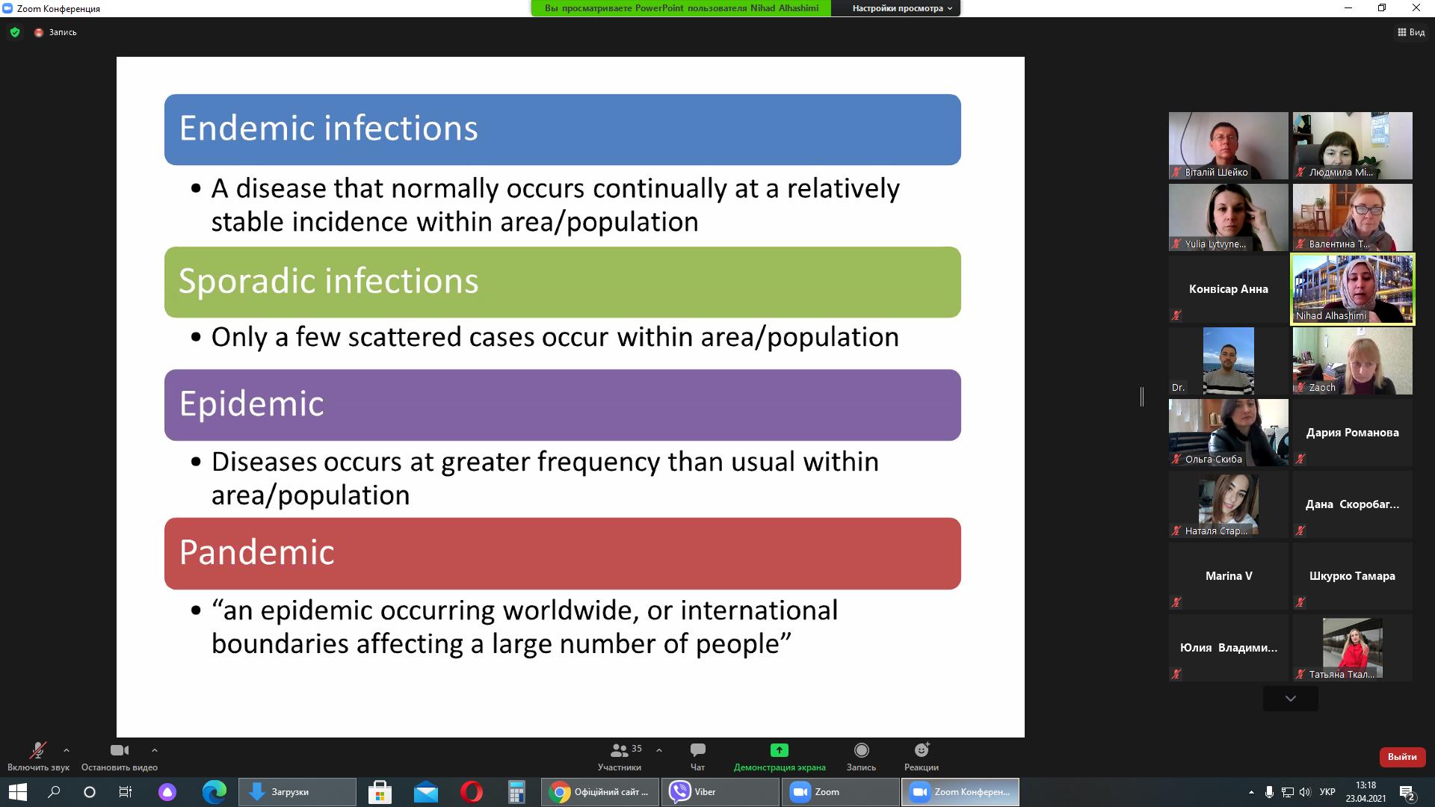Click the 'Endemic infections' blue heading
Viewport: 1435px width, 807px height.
tap(562, 129)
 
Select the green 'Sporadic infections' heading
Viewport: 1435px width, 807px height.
tap(562, 282)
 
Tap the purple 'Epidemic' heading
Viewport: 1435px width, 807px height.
tap(562, 404)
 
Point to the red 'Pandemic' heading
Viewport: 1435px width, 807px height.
tap(562, 553)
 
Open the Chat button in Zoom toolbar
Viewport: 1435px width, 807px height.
tap(697, 756)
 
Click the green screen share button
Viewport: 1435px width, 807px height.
tap(780, 756)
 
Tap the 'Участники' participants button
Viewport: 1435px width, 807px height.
tap(620, 756)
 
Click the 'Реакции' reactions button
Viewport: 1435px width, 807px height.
tap(922, 756)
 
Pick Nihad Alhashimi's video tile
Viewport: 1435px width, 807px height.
tap(1353, 289)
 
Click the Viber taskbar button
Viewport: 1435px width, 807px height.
tap(720, 792)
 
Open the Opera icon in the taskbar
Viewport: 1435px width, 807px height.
tap(472, 792)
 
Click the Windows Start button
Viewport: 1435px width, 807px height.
tap(18, 792)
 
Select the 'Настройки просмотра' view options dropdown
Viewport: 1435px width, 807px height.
tap(902, 8)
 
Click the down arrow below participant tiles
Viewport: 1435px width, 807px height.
tap(1291, 699)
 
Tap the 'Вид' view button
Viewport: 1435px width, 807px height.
tap(1411, 32)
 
